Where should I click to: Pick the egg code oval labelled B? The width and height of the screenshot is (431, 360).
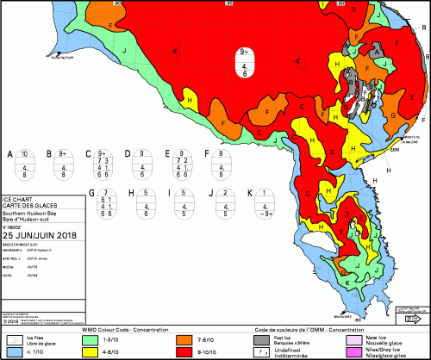point(63,166)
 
